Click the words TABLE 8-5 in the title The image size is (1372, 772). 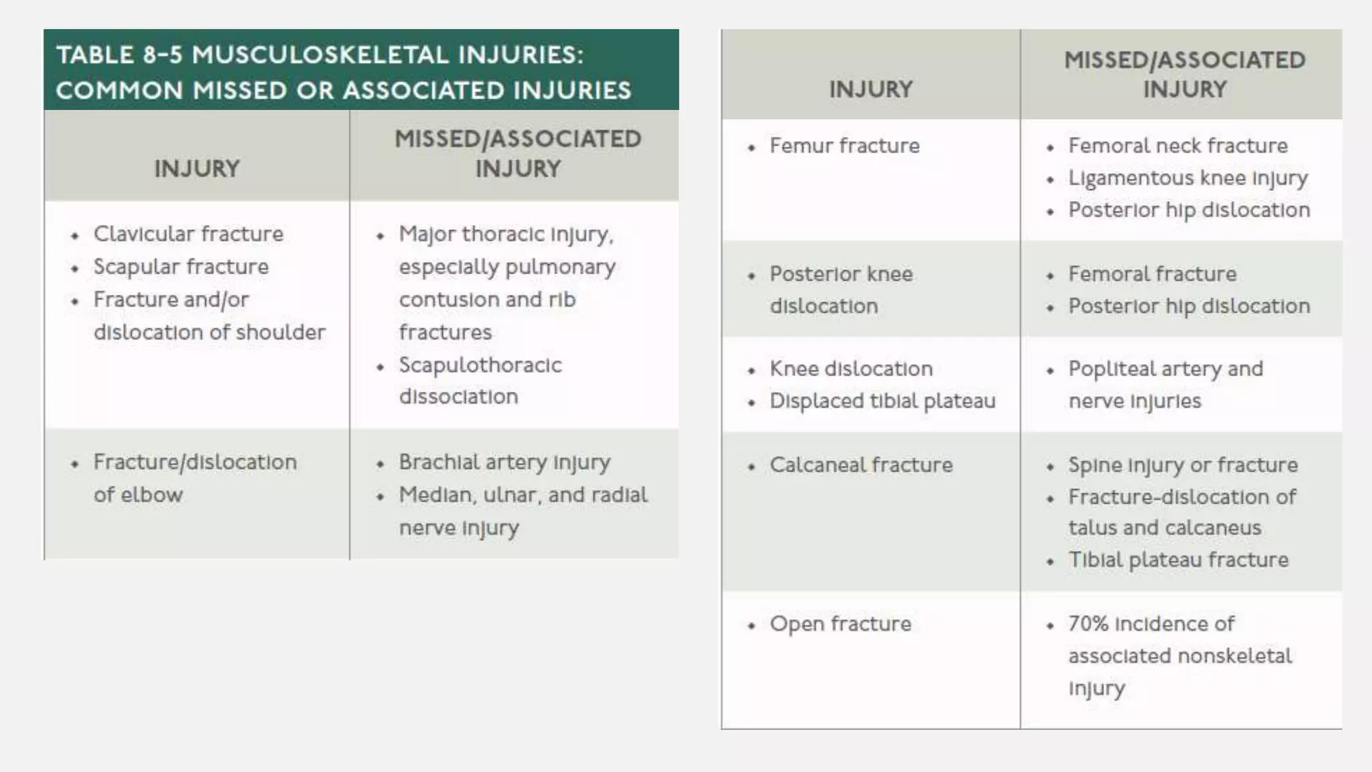point(119,55)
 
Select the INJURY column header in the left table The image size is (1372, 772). point(197,169)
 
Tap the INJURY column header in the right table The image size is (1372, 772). point(871,90)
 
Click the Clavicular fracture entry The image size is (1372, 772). point(188,234)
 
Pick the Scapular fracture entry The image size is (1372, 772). point(181,267)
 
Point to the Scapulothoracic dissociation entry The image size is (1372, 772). point(480,381)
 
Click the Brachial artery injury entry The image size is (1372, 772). point(504,462)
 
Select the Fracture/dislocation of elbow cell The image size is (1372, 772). point(194,478)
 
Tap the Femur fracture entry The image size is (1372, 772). point(844,146)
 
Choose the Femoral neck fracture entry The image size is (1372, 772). point(1178,146)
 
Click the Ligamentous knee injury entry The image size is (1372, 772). point(1187,178)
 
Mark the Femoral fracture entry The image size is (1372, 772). point(1152,274)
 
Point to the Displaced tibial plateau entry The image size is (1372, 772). point(882,401)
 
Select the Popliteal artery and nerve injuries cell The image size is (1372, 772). point(1166,385)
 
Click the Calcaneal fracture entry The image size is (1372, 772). point(861,465)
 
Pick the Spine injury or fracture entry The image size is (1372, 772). point(1182,465)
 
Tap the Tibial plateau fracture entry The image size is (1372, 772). point(1178,560)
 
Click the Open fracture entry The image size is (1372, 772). point(840,624)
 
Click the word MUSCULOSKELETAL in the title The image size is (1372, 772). point(320,55)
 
